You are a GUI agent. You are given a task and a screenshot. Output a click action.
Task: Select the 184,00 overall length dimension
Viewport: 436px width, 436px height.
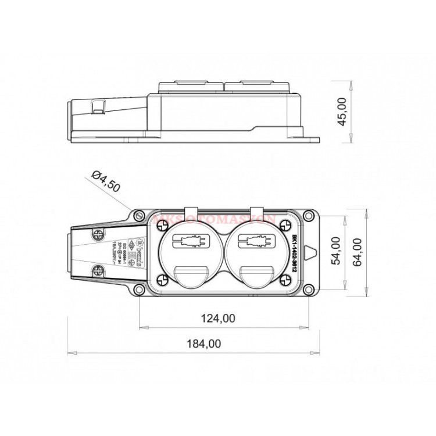coord(203,344)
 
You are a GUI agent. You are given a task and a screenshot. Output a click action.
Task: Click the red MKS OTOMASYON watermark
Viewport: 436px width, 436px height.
coord(215,220)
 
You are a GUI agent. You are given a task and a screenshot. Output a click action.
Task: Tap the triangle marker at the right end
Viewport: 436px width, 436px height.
coord(312,253)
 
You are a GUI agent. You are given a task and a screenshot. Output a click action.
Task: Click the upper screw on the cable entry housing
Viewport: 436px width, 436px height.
coord(98,234)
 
